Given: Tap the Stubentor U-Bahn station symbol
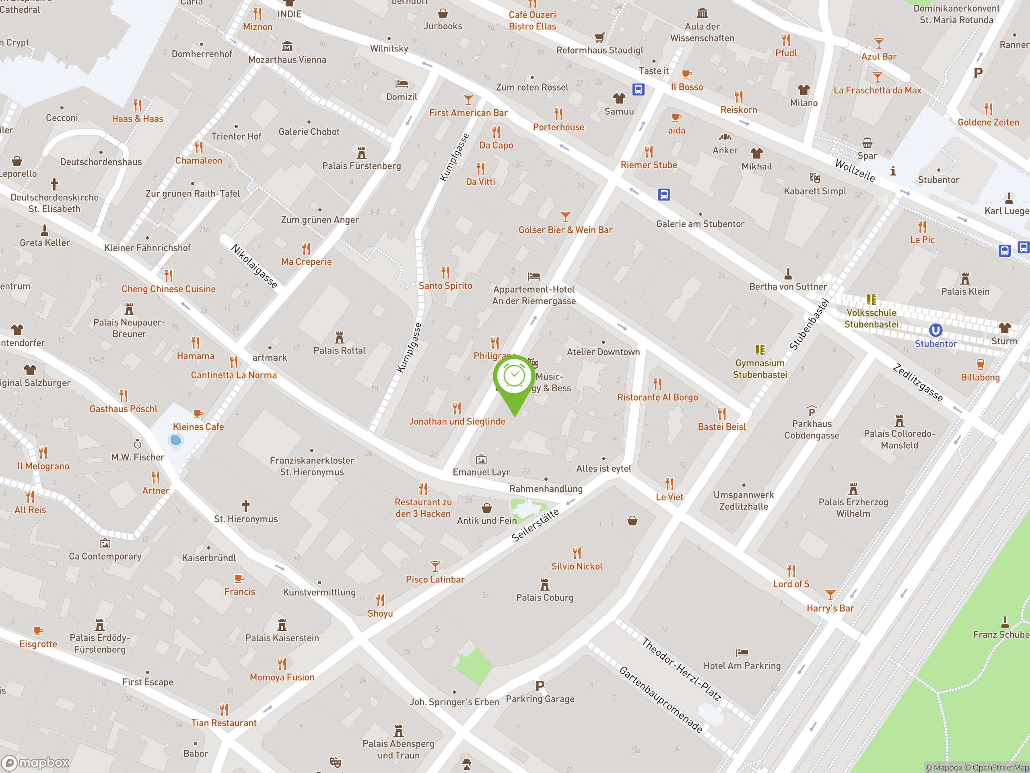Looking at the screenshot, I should point(935,331).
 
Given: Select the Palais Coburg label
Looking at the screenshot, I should point(544,597).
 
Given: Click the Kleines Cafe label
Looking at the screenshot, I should point(198,427).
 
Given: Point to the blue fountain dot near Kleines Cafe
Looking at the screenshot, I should point(175,440).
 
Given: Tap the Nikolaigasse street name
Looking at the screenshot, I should point(254,266).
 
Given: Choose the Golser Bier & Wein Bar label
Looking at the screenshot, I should point(565,230).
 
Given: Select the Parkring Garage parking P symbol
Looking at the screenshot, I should point(540,686).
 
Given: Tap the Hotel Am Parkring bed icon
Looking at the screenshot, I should point(742,652).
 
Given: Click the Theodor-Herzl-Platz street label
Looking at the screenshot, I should point(681,670).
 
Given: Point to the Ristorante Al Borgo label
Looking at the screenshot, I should point(657,397).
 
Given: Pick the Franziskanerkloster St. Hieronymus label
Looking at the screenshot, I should point(311,466).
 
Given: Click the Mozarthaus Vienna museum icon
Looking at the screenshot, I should point(287,47).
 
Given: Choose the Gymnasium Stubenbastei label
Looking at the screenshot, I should point(760,368).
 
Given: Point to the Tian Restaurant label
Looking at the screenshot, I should point(224,723).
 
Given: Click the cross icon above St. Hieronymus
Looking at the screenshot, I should point(246,506).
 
